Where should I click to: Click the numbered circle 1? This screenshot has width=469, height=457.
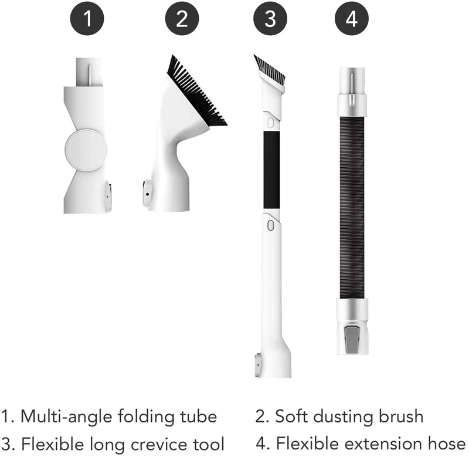coord(87,19)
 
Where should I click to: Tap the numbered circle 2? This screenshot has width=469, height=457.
coord(182,19)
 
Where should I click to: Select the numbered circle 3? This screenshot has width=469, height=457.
coord(270,19)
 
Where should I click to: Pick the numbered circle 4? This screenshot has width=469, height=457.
coord(351,19)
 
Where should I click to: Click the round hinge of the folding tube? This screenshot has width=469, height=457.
coord(86,150)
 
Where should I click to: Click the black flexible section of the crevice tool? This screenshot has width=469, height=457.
coord(271,170)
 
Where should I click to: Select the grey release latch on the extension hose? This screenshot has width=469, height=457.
coord(352,340)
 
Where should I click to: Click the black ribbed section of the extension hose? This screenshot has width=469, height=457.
coord(352,208)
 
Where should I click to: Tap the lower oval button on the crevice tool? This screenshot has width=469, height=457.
coord(271,225)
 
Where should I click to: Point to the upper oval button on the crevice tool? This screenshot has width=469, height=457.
coord(271,123)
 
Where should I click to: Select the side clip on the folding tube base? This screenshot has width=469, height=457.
coord(108,196)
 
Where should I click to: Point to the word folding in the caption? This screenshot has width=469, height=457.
coord(146,417)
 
